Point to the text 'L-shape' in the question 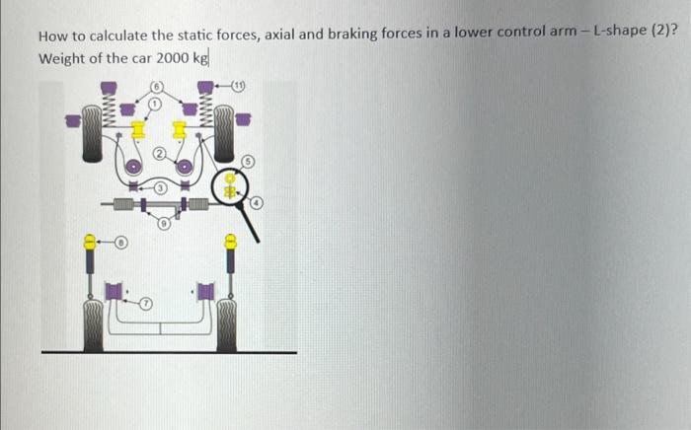coord(620,36)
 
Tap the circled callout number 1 coord(154,101)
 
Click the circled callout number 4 coord(256,203)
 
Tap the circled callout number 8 coord(121,239)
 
